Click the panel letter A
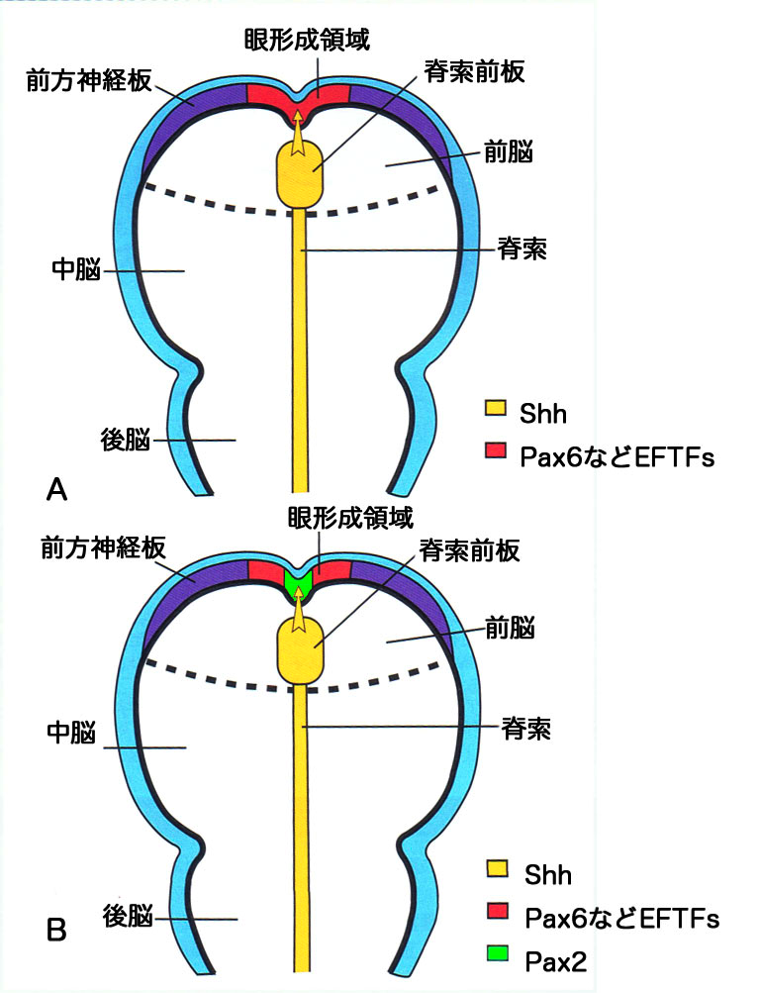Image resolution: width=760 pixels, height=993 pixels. tap(57, 488)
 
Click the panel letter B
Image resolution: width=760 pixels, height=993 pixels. tap(57, 931)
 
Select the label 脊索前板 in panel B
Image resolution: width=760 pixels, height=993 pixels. tap(470, 547)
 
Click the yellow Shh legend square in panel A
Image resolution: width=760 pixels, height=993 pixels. tap(494, 408)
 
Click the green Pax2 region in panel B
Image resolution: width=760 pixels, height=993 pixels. tap(298, 581)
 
